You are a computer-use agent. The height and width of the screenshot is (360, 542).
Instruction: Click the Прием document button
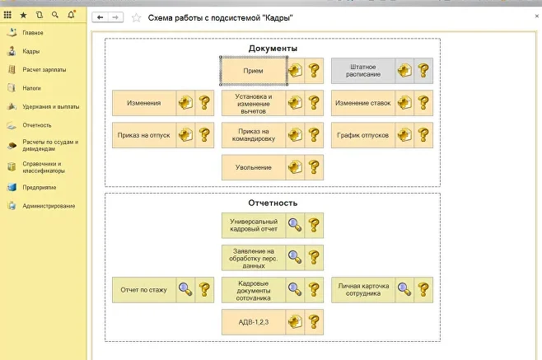(254, 71)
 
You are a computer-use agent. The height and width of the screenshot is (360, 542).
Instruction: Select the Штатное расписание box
(363, 71)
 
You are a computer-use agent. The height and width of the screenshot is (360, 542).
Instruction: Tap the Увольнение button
(254, 167)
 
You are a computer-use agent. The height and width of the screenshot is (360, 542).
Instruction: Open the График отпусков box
(363, 135)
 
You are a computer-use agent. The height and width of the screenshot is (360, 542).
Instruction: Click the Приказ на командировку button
(254, 135)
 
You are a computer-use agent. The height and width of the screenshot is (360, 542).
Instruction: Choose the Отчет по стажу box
(144, 289)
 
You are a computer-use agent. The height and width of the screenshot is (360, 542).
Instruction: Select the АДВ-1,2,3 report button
(254, 321)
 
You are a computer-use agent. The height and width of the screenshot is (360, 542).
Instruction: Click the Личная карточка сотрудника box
(363, 289)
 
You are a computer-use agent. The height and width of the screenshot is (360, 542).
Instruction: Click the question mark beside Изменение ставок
(423, 103)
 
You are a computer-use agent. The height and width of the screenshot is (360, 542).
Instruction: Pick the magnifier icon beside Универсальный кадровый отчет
(294, 225)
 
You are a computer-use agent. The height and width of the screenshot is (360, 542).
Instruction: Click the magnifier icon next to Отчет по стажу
(185, 289)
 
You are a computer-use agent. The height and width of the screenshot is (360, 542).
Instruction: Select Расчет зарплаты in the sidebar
(44, 69)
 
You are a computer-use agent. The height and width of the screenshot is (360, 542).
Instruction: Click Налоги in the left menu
(32, 87)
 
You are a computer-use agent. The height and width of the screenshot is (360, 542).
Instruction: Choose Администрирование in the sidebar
(49, 205)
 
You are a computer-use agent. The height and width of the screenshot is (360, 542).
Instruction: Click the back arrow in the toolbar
(100, 16)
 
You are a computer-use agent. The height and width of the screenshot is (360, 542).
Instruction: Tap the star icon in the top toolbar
(23, 15)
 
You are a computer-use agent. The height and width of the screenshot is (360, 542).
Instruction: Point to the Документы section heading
(273, 49)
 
